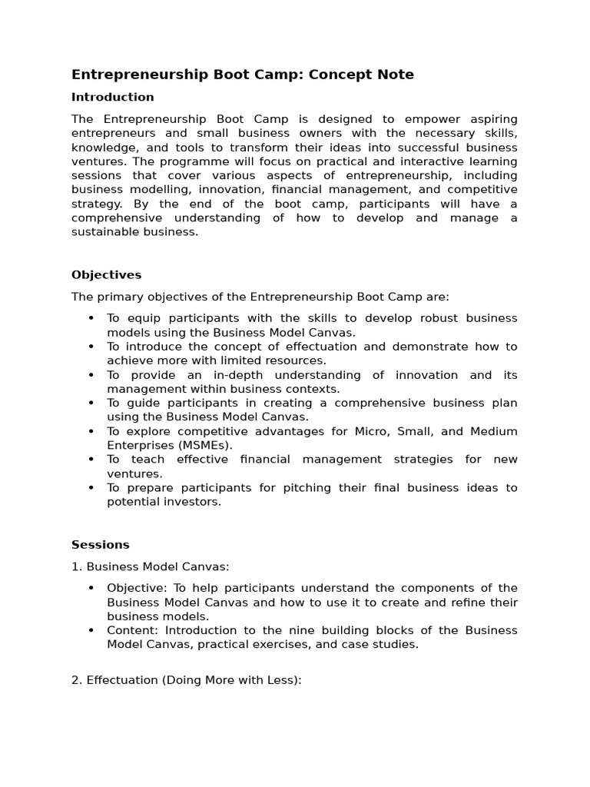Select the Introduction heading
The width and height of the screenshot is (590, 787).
coord(112,97)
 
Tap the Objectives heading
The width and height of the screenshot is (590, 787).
coord(106,274)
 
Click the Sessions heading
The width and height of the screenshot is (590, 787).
coord(101,544)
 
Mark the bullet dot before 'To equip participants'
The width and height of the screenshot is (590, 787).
coord(91,319)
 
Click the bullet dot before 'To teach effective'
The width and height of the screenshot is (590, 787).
coord(91,460)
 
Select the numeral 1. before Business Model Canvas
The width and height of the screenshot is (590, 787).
coord(76,566)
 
